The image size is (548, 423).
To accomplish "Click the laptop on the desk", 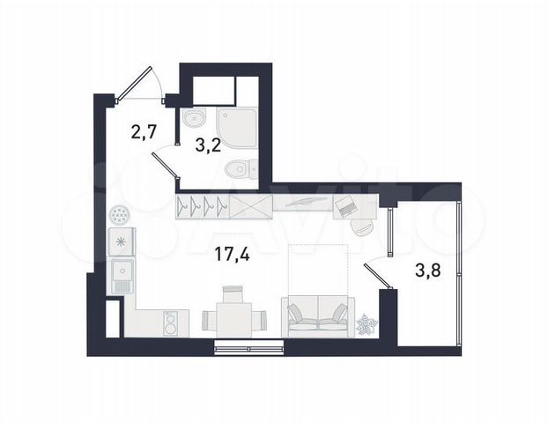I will click(345, 206).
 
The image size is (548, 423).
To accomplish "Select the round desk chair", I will click(361, 225).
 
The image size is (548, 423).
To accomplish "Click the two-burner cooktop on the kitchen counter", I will click(170, 323).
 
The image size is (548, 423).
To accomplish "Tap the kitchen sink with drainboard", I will click(121, 277).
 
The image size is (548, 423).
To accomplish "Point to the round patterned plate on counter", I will click(120, 214).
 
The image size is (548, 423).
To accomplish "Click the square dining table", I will click(231, 317).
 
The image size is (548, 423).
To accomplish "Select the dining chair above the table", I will click(232, 293).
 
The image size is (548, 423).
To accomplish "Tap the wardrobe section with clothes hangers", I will click(202, 208).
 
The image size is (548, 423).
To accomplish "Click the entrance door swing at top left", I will click(137, 85).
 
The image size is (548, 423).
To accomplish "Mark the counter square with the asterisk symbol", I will click(120, 240).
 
